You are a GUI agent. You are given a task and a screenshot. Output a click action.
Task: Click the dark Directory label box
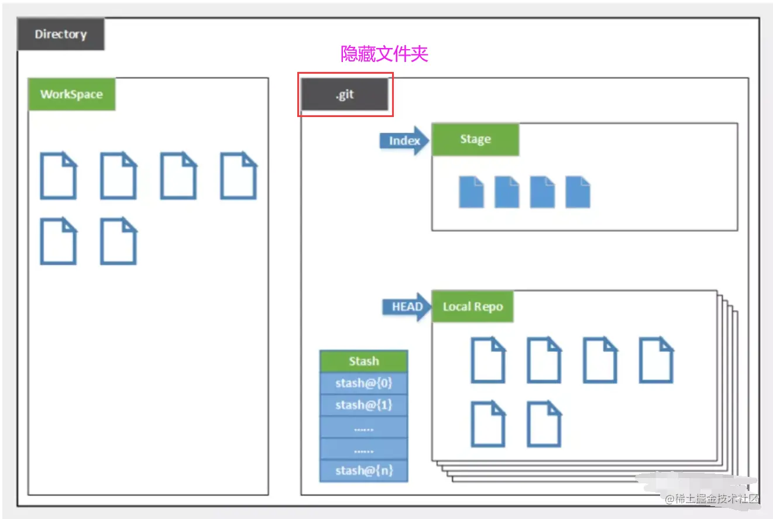coord(60,34)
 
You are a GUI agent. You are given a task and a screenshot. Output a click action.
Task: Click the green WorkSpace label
coord(71,94)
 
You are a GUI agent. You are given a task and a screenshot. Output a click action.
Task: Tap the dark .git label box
coord(345,95)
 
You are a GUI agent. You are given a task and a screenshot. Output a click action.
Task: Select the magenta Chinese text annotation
coord(384,54)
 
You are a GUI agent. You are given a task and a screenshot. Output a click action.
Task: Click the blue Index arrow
coord(404,141)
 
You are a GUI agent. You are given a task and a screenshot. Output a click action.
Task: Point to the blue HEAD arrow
coord(407,307)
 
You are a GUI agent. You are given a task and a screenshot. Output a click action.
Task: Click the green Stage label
coord(475,139)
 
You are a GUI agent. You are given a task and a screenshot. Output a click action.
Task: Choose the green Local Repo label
coord(472,307)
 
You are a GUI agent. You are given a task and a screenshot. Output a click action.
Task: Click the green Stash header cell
coord(363,361)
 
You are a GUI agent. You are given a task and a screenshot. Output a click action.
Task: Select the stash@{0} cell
coord(363,383)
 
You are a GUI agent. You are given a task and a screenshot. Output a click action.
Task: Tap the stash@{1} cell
coord(363,405)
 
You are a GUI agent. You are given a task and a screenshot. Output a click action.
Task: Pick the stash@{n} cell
coord(363,470)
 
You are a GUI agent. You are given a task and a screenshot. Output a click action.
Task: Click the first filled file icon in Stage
coord(471,192)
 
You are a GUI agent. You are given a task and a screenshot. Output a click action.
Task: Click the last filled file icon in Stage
coord(578,192)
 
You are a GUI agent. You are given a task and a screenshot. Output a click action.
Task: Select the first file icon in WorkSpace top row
coord(58,176)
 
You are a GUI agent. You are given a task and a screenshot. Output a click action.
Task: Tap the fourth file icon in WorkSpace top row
coord(238,176)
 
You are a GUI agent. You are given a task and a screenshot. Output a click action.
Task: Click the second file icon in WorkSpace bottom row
coord(118,240)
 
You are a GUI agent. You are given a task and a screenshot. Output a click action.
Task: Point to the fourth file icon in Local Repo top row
coord(655,359)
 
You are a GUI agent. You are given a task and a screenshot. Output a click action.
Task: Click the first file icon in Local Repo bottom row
coord(488,424)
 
